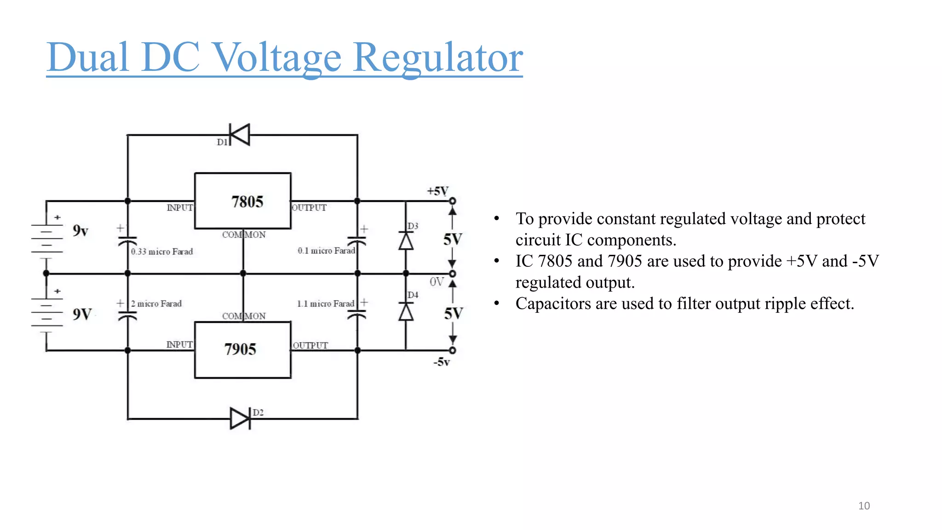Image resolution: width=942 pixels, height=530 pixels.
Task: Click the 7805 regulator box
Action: click(x=243, y=201)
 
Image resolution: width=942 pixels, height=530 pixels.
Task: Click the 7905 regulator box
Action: click(x=243, y=350)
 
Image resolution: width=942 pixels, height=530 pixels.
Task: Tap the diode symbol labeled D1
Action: click(x=240, y=135)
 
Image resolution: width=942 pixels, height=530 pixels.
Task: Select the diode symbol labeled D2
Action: click(x=240, y=419)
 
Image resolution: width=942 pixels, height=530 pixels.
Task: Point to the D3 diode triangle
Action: click(x=406, y=241)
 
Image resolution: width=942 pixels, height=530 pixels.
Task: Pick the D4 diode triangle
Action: click(x=406, y=312)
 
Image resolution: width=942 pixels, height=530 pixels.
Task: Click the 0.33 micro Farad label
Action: click(x=162, y=252)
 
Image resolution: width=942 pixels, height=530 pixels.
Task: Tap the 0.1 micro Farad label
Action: click(x=326, y=251)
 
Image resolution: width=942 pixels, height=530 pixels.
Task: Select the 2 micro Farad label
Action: click(x=156, y=304)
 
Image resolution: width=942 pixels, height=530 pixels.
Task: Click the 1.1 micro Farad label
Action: click(x=326, y=304)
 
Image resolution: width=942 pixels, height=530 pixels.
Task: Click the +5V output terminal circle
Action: click(x=453, y=201)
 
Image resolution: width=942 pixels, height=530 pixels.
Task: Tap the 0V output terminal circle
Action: click(x=453, y=274)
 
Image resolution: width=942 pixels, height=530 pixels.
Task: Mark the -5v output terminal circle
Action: click(x=453, y=351)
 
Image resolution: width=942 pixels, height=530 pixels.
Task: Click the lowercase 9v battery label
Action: click(x=80, y=230)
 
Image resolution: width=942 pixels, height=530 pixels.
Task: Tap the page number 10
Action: click(x=864, y=506)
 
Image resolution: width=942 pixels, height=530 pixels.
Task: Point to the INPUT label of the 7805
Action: click(x=180, y=208)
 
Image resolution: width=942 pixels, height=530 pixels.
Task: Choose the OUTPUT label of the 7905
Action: click(x=310, y=346)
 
